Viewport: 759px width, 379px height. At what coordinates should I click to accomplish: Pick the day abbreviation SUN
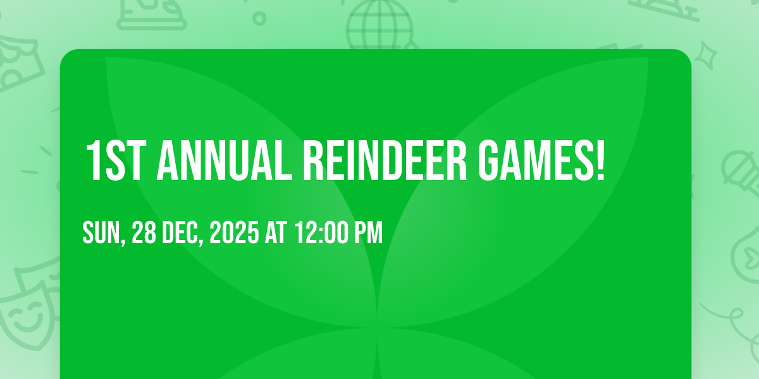click(x=102, y=233)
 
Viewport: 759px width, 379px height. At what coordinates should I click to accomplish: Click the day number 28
click(x=145, y=233)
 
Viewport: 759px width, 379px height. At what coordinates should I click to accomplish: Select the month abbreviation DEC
click(x=182, y=233)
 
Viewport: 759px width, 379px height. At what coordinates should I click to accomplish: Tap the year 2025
click(x=233, y=233)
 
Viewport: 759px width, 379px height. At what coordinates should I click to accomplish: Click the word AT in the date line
click(x=276, y=233)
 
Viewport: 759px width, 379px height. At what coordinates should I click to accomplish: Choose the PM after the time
click(x=368, y=233)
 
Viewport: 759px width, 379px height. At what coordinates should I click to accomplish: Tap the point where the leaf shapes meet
click(x=379, y=328)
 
